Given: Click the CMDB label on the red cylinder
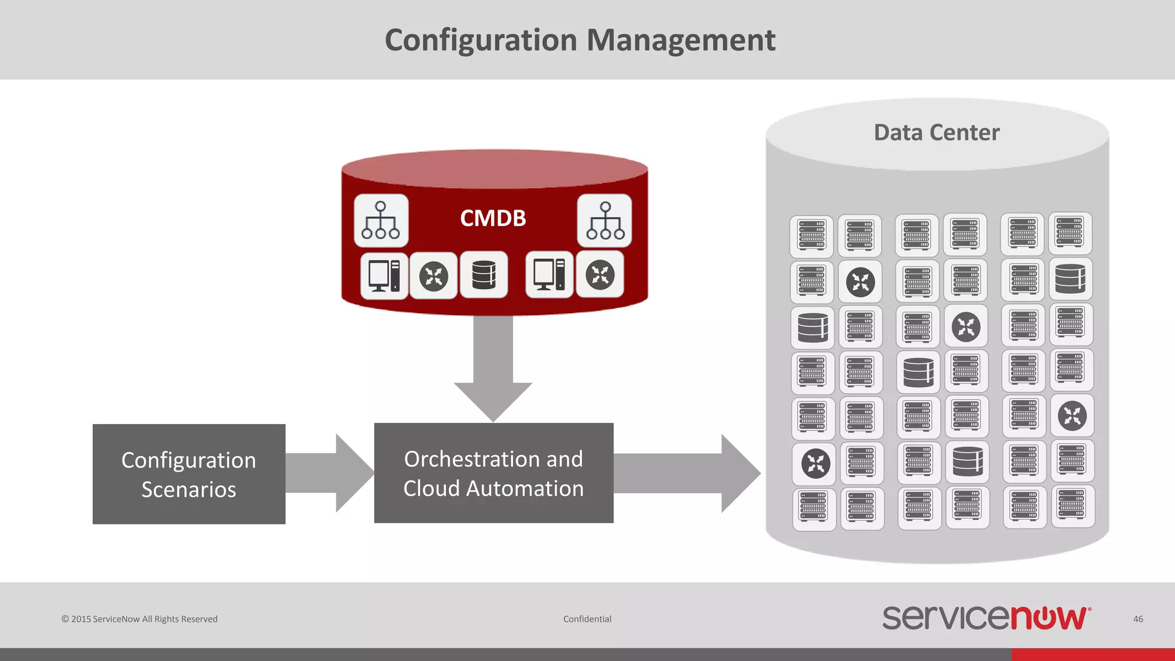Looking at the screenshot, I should (x=493, y=218).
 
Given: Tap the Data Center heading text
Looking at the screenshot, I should (x=936, y=133).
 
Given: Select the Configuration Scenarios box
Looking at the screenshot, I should (x=189, y=474).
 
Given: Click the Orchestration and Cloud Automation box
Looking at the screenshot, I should (x=493, y=473).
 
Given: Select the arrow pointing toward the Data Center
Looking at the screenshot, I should (x=688, y=473).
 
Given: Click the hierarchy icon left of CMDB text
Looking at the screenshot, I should (x=381, y=220).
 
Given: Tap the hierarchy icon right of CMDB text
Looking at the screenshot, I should (x=605, y=220).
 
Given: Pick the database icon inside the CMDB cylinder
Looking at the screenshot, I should (x=484, y=275).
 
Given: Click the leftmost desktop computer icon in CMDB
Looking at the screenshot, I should (x=384, y=275).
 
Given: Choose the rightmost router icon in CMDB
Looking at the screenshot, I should (x=600, y=275).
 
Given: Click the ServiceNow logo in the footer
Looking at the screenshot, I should (x=986, y=617).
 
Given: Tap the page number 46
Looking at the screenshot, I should (x=1138, y=619).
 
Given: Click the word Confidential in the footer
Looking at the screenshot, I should (x=587, y=619).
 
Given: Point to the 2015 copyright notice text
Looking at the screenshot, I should (x=139, y=619).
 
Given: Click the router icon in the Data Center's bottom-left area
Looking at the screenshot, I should (x=815, y=463).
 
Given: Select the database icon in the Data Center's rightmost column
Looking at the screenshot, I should (x=1070, y=279).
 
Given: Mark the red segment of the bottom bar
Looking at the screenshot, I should (x=1092, y=655).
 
